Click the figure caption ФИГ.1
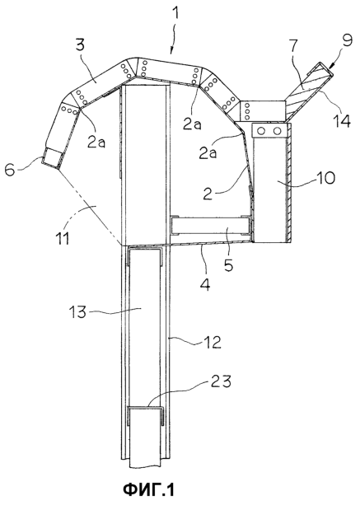click(x=148, y=490)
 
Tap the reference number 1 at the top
click(x=177, y=14)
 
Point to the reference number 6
click(x=10, y=170)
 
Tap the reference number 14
click(x=341, y=121)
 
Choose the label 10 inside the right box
click(x=326, y=178)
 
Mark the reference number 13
click(x=77, y=311)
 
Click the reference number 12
click(x=212, y=343)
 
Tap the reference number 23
click(x=222, y=382)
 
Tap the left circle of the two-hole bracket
click(x=261, y=131)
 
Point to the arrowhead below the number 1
click(x=171, y=50)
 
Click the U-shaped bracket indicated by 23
click(x=146, y=415)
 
